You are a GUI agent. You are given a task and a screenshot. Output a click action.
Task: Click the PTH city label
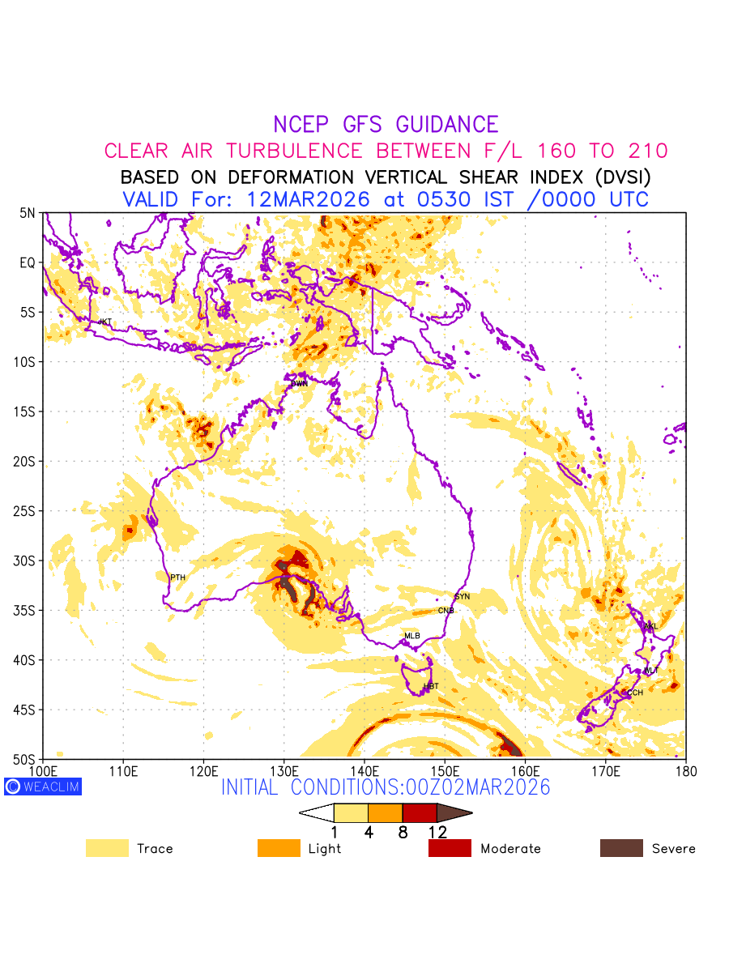coord(177,578)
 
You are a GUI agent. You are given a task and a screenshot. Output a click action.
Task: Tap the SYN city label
coord(462,596)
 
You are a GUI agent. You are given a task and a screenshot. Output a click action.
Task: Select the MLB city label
coord(412,636)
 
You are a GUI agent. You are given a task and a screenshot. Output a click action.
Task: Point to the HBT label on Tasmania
coord(431,686)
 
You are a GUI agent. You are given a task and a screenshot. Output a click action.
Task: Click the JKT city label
coord(105,322)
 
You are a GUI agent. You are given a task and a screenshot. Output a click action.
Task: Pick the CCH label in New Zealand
coord(635,693)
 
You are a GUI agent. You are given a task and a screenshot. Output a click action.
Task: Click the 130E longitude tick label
coord(283,770)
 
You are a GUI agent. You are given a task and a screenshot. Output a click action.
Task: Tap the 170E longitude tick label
coord(605,770)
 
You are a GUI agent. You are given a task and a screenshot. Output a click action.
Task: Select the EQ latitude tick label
coord(28,262)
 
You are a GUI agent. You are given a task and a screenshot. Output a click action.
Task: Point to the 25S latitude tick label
coord(26,511)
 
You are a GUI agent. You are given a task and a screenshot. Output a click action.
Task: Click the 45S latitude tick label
coord(26,710)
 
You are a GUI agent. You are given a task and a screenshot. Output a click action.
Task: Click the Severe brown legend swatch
coord(621,848)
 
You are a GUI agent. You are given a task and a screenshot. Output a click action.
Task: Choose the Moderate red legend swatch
coord(450,848)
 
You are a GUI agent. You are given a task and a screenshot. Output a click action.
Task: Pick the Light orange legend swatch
coord(279,848)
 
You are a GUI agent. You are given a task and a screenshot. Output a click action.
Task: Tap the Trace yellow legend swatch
coord(107,848)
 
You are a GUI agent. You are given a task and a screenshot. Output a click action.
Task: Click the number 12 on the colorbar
coord(437,832)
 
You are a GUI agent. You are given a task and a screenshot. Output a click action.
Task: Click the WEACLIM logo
coord(43,787)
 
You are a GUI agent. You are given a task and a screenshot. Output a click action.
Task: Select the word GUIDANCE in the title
coord(447,125)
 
